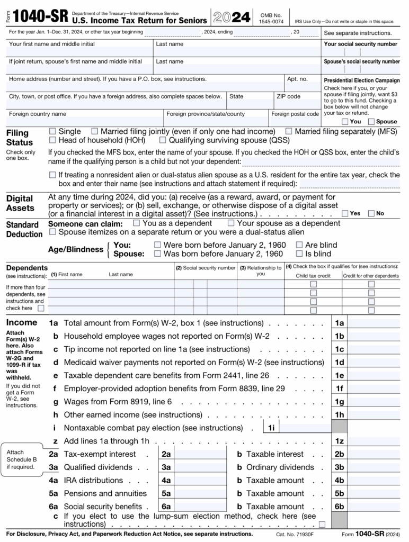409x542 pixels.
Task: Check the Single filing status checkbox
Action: coord(52,131)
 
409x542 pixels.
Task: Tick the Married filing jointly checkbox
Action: coord(95,131)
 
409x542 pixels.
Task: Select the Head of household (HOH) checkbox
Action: coord(52,140)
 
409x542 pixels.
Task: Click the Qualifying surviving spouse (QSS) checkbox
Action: coord(163,140)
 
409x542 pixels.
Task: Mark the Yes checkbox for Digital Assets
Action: coord(345,213)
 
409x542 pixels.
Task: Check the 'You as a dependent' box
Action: coord(137,223)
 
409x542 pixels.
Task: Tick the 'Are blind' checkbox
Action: coord(299,245)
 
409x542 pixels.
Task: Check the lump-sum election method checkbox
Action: coord(322,524)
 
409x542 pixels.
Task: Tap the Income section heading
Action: coord(21,322)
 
